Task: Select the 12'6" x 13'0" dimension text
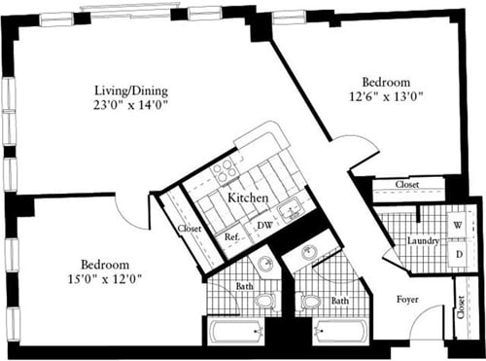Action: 386,97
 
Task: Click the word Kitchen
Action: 248,198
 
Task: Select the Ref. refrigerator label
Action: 232,236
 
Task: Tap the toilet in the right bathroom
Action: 311,301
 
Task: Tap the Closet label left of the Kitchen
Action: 191,231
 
